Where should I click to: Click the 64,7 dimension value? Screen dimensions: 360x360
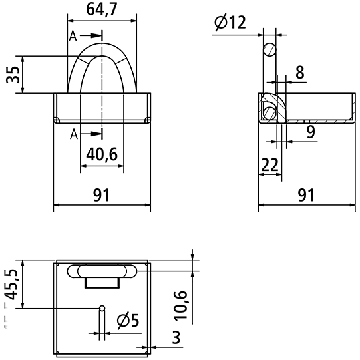(x=102, y=9)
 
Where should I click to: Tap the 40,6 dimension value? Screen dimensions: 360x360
(x=102, y=154)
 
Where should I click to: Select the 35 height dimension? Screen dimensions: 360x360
(x=13, y=75)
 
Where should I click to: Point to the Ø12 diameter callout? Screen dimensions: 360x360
(x=230, y=22)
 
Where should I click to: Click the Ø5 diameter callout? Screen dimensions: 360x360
(x=128, y=321)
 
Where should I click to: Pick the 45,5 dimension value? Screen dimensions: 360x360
(x=11, y=285)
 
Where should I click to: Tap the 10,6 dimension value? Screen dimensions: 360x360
(x=181, y=305)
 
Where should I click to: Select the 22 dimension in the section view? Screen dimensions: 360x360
(x=270, y=165)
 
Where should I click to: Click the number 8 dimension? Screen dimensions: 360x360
(x=300, y=72)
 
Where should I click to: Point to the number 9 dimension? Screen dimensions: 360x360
(x=311, y=132)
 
